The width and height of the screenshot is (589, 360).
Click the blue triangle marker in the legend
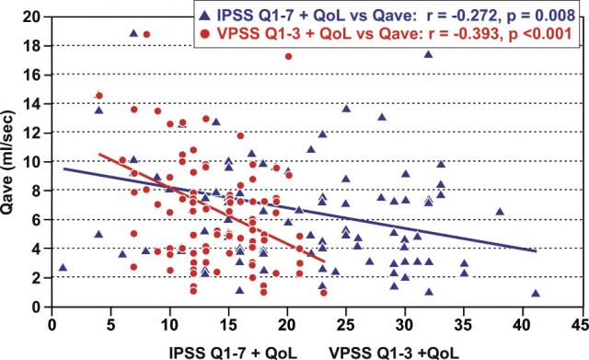coord(204,16)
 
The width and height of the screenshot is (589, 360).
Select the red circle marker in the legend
coord(205,34)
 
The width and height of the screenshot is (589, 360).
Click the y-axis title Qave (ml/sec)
coord(7,163)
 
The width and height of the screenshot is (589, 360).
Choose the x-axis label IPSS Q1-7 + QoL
coord(233,354)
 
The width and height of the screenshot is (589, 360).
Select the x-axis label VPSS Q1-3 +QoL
coord(394,354)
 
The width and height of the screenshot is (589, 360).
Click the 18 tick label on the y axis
coord(34,46)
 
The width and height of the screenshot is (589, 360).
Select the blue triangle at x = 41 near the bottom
coord(536,293)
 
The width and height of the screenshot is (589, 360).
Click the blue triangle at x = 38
coord(500,212)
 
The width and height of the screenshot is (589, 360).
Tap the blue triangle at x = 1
coord(63,268)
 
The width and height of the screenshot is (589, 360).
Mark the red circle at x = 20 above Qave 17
coord(288,56)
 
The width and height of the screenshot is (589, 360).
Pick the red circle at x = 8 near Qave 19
coord(146,34)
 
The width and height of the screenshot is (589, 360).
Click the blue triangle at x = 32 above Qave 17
coord(428,54)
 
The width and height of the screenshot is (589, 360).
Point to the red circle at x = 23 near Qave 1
coord(324,293)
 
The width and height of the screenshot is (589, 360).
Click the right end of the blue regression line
coord(536,251)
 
